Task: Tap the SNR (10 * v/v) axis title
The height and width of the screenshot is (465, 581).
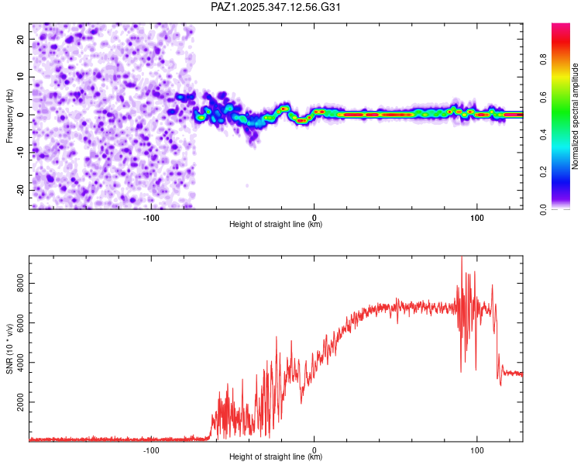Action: point(9,349)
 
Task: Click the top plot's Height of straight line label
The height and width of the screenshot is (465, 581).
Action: point(276,225)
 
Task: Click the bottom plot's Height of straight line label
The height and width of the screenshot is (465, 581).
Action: point(276,457)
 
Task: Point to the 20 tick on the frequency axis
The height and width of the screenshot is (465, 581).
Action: point(21,40)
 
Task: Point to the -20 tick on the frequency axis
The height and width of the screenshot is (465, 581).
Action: point(21,190)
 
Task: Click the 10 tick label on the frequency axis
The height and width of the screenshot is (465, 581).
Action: point(21,77)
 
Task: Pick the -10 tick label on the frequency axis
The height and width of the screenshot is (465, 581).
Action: point(21,152)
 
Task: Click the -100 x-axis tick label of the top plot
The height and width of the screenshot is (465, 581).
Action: point(151,218)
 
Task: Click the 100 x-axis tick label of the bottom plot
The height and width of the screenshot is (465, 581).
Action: point(476,449)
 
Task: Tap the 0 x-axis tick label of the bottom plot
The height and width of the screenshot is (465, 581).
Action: point(314,449)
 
